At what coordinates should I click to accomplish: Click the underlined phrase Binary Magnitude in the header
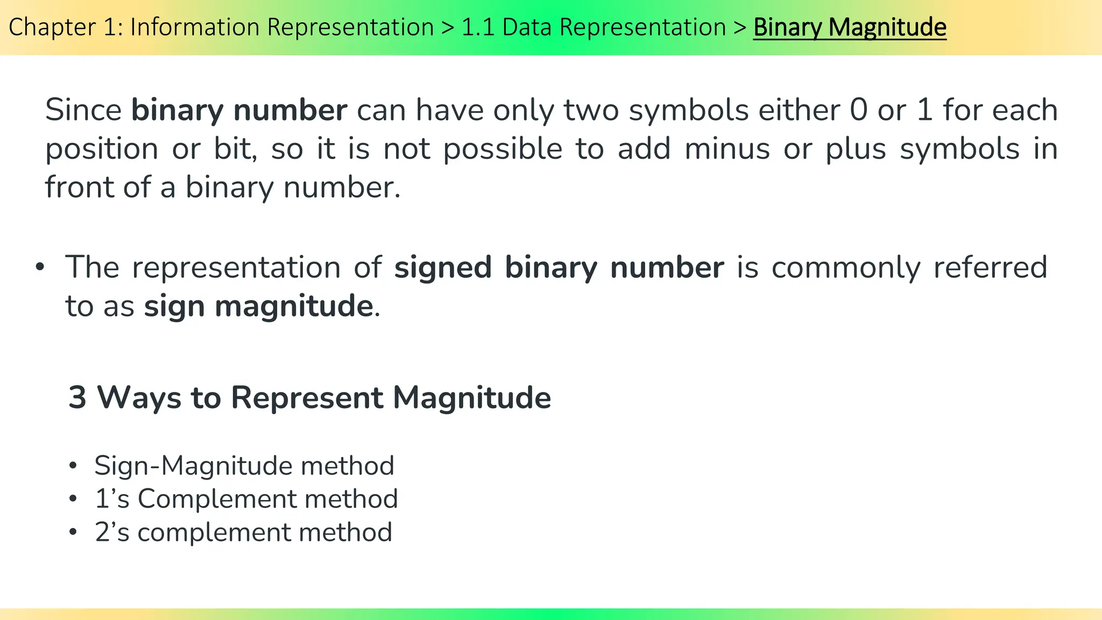coord(849,27)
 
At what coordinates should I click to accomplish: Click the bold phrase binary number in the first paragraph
coord(239,110)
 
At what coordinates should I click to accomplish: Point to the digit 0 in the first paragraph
coord(859,110)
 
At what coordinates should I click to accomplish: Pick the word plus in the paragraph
coord(856,149)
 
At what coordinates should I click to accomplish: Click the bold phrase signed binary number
coord(559,267)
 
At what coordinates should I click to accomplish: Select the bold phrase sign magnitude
coord(258,306)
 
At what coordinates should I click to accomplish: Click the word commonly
coord(846,267)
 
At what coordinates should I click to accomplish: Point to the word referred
coord(990,267)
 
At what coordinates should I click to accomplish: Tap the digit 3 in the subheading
coord(77,398)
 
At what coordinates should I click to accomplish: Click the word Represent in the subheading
coord(307,398)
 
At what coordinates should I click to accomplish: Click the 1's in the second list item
coord(112,499)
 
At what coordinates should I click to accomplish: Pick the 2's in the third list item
coord(112,532)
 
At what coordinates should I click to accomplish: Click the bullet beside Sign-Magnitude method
coord(73,466)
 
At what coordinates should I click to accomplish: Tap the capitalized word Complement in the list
coord(216,499)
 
